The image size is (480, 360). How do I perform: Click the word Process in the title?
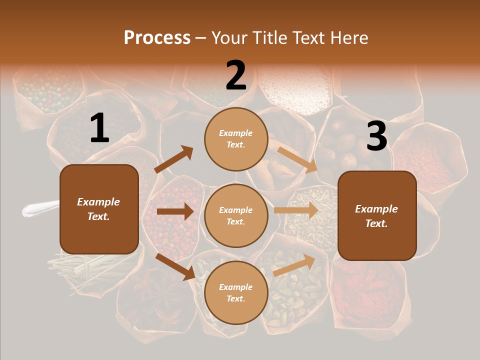[x=157, y=38]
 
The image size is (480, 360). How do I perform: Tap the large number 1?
[x=99, y=128]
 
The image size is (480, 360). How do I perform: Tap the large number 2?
[x=236, y=75]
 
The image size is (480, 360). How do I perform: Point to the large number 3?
[x=376, y=136]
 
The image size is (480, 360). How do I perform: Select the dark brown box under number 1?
[x=99, y=209]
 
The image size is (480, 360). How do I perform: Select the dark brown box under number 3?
[x=377, y=216]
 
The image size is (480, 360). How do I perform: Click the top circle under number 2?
[x=236, y=139]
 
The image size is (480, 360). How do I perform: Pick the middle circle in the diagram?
[x=236, y=216]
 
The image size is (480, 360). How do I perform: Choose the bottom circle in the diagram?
[x=236, y=293]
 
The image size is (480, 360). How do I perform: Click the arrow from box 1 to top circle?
[x=174, y=159]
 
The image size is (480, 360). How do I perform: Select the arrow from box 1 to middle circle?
[x=175, y=211]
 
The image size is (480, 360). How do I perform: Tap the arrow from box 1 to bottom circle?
[x=175, y=266]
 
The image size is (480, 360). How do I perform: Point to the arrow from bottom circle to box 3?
[x=294, y=265]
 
